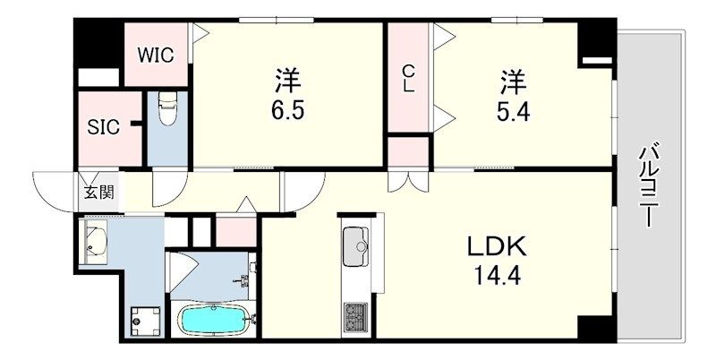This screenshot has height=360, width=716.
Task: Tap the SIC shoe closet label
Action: pyautogui.click(x=103, y=126)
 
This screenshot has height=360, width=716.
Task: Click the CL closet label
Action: pyautogui.click(x=408, y=79)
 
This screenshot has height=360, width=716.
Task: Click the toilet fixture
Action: pyautogui.click(x=166, y=110)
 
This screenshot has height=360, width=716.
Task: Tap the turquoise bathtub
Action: pyautogui.click(x=214, y=320)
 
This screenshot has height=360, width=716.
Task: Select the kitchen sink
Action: pyautogui.click(x=355, y=244)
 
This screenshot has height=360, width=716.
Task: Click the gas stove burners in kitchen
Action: pyautogui.click(x=355, y=316)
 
